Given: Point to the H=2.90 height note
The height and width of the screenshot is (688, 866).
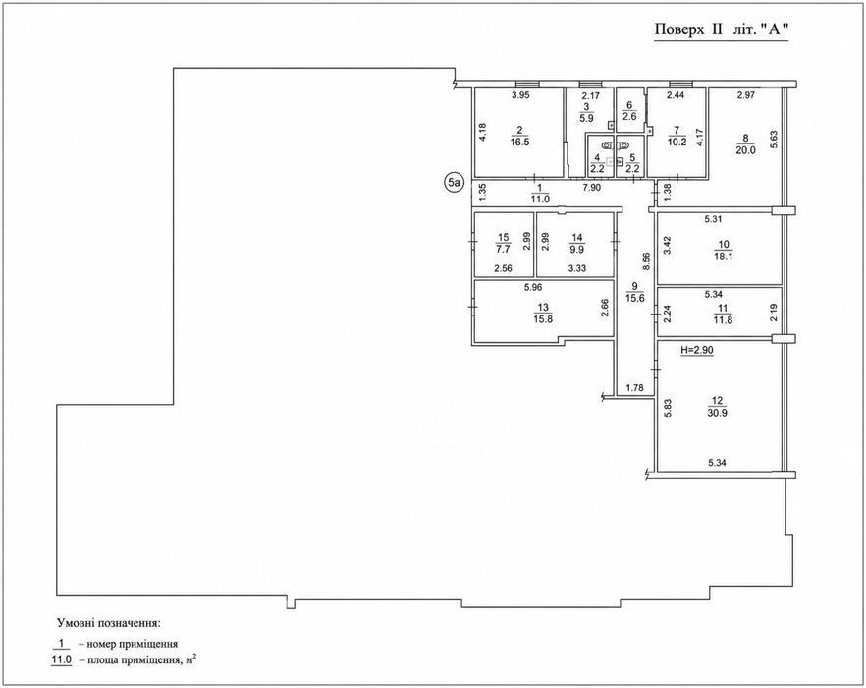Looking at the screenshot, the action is point(696,350).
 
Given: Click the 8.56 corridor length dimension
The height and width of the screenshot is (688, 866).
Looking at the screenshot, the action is point(647,260).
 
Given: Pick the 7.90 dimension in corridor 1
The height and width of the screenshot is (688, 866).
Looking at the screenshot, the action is point(593,188).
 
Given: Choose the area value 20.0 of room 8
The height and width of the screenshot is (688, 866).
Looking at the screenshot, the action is point(745,149).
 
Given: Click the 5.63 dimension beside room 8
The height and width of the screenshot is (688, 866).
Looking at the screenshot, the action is point(774,139).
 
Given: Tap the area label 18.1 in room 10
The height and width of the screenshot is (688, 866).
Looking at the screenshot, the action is point(723,257).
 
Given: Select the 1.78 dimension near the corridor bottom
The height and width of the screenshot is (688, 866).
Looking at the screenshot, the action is point(634,388).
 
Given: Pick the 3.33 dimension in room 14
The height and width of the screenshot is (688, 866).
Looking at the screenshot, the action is point(577,268).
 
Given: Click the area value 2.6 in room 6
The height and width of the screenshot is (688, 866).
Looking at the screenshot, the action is point(629,117).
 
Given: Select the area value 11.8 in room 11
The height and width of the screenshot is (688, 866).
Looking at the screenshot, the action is point(723,319).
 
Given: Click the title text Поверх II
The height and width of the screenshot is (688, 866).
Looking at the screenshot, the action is point(688,29).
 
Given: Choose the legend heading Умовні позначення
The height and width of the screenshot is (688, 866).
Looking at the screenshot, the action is point(109,624).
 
